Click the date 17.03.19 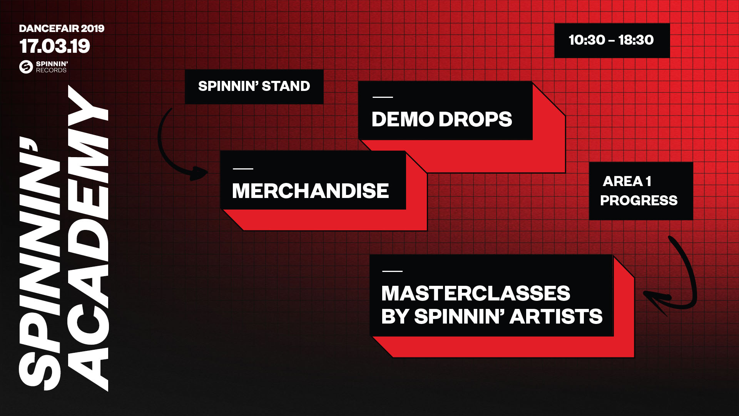tap(55, 46)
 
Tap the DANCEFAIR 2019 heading tap(62, 29)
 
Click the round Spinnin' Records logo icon tap(26, 67)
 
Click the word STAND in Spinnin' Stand tap(286, 86)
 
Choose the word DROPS tap(475, 119)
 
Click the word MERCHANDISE tap(310, 191)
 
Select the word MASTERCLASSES tap(476, 293)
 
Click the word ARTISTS tap(556, 316)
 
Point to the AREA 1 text tap(627, 181)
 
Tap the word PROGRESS tap(639, 200)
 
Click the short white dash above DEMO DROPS tap(383, 97)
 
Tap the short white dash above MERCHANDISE tap(243, 169)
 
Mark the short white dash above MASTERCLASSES tap(392, 271)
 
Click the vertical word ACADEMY tap(88, 238)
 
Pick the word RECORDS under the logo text tap(51, 70)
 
